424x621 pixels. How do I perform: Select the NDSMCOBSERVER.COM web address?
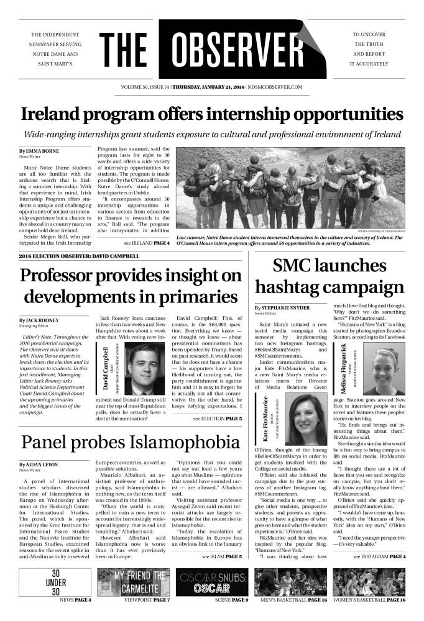275,88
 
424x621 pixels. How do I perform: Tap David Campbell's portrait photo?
140,369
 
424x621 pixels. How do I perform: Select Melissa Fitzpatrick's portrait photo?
381,371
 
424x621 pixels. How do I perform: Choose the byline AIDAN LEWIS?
42,465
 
